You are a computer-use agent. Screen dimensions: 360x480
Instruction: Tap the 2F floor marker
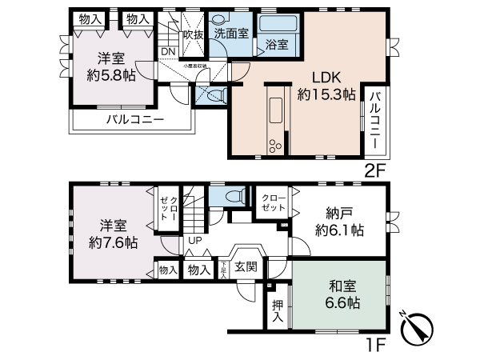pos(376,170)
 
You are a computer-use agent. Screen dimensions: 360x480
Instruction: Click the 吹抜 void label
pos(193,34)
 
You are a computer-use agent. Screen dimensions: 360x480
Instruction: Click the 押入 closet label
pos(277,310)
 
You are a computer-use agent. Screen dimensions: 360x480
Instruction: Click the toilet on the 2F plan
pos(214,96)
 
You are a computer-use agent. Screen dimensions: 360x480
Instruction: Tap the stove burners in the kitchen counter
pos(276,144)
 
